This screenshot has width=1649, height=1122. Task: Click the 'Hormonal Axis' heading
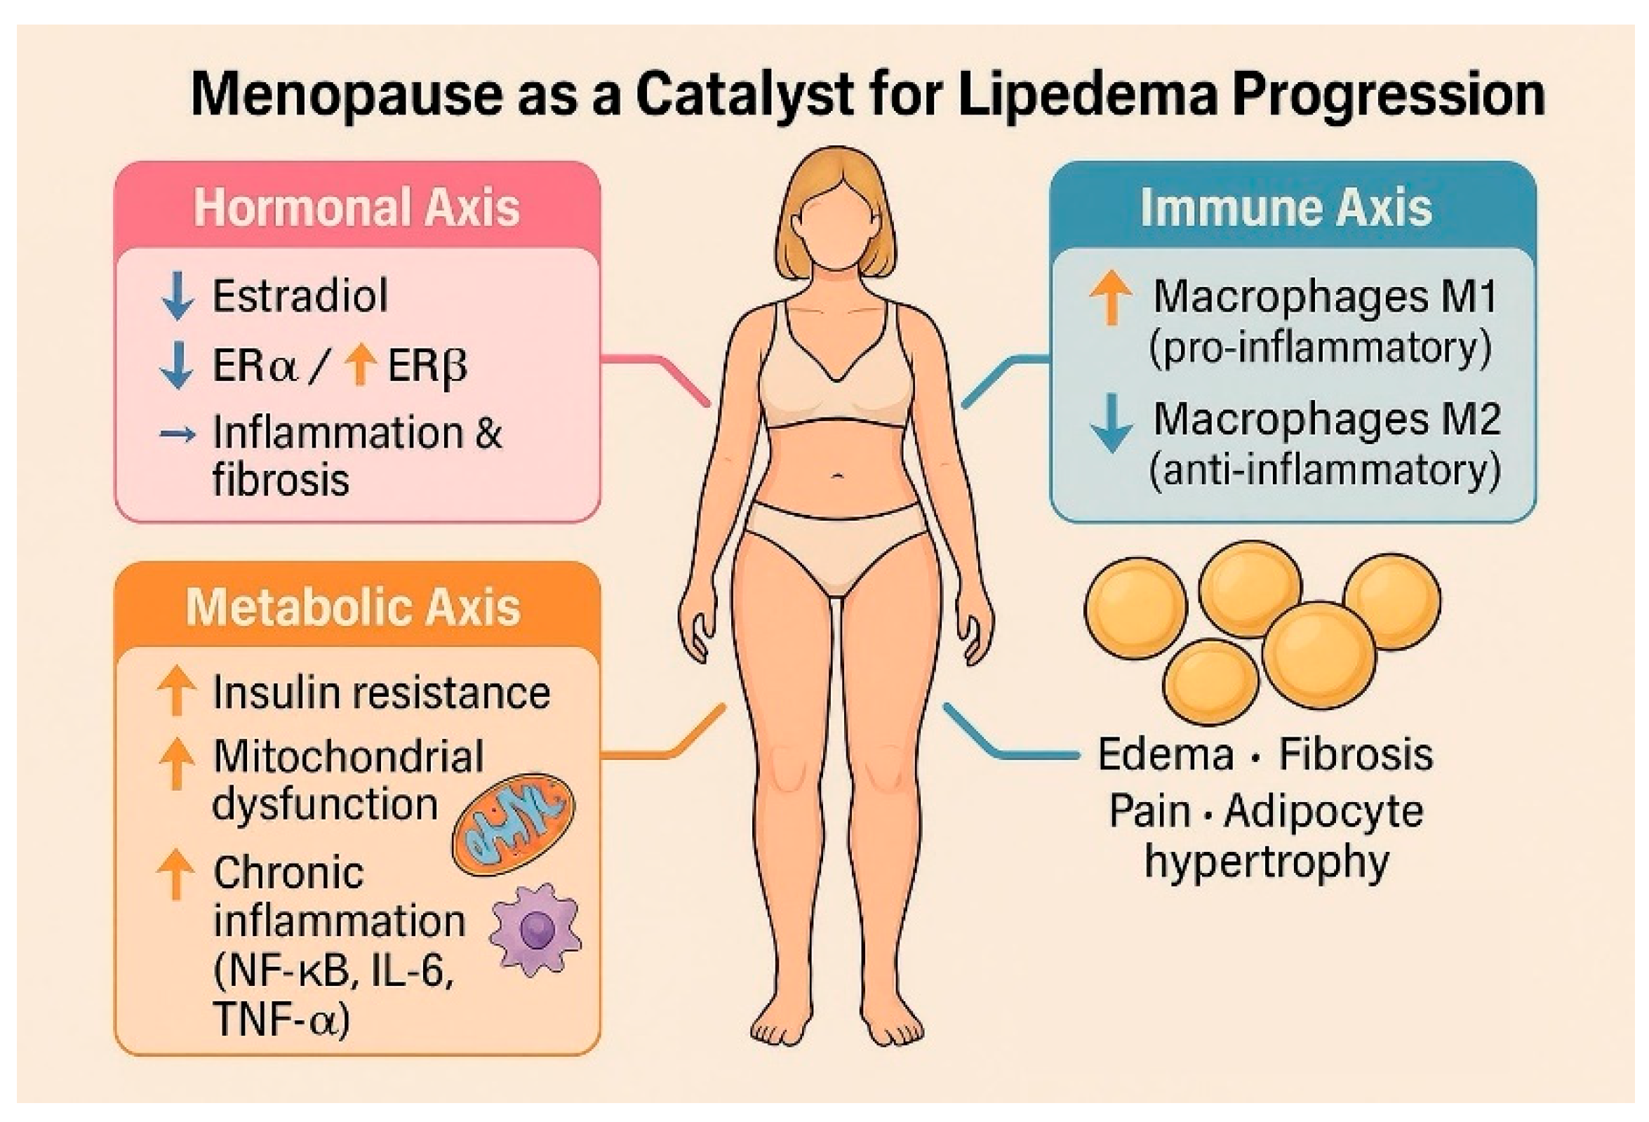tap(357, 207)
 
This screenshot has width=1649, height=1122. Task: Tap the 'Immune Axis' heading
tap(1286, 207)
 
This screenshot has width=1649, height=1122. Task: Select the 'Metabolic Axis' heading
tap(354, 608)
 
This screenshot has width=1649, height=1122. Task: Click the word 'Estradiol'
tap(300, 295)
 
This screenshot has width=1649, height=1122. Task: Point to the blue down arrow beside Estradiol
tap(178, 295)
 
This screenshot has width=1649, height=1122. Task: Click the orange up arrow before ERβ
tap(361, 364)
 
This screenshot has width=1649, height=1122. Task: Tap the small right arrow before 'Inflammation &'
tap(178, 434)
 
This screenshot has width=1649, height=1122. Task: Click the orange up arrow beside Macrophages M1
tap(1111, 298)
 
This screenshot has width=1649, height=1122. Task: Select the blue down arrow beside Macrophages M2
tap(1111, 422)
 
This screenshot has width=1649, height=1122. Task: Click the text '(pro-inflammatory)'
tap(1320, 348)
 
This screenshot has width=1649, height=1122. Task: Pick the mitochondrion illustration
tap(514, 824)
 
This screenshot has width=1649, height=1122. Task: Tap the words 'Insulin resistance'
tap(381, 693)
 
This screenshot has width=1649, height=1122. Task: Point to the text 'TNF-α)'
tap(281, 1019)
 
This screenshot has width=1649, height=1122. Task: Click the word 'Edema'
tap(1166, 754)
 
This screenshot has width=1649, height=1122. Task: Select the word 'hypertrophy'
tap(1267, 863)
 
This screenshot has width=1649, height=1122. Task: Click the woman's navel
tap(838, 476)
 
